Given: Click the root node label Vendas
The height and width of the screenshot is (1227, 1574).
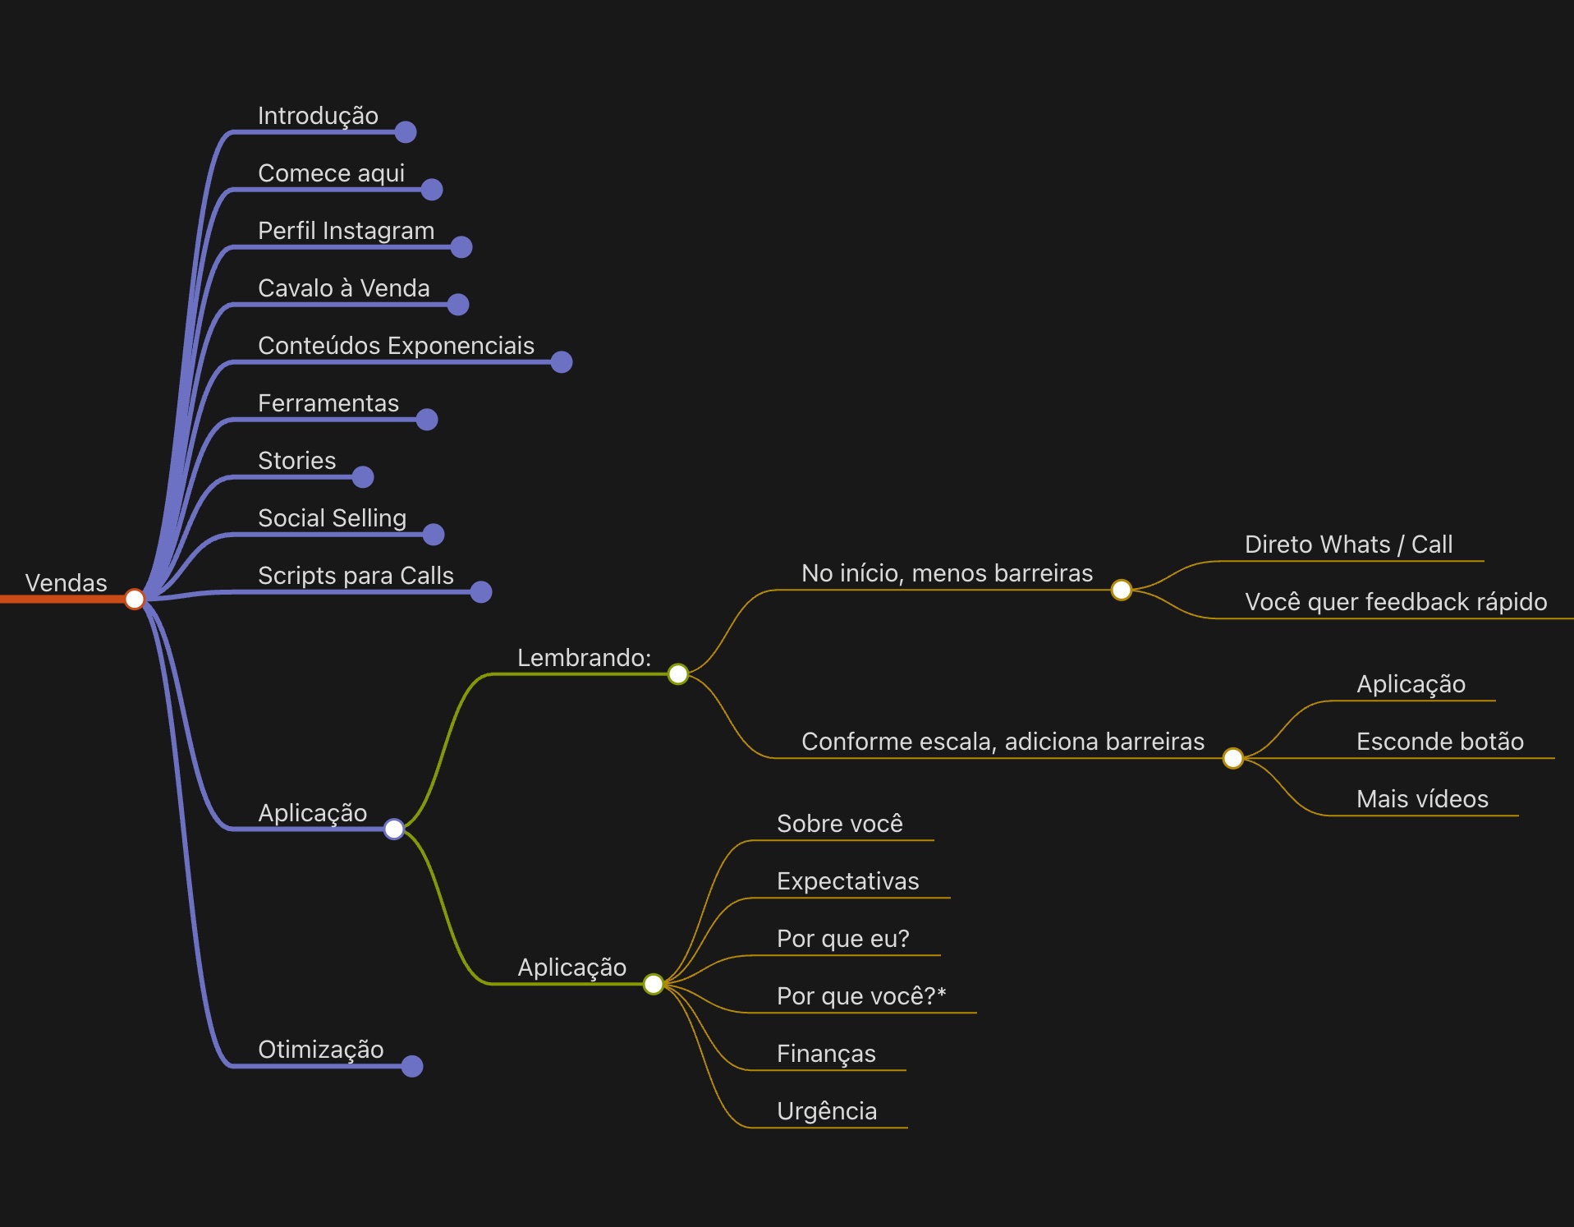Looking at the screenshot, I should coord(66,583).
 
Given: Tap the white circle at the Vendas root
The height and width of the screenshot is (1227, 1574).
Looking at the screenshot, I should coord(135,600).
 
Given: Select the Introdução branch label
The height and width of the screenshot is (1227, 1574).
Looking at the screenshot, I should coord(318,116).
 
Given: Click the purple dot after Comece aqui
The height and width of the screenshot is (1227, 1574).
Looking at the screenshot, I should coord(432,190).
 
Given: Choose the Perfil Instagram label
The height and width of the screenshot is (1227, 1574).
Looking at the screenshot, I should coord(346,231).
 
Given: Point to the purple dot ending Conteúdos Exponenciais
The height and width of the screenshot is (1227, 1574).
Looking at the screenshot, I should coord(562,362).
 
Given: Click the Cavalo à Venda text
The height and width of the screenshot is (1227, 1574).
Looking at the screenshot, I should coord(343,288).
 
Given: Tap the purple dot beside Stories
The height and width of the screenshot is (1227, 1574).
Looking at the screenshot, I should coord(363,477).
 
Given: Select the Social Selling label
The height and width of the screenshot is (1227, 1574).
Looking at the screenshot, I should coord(332,518).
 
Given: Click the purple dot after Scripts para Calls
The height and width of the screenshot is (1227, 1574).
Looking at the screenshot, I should coord(481,592).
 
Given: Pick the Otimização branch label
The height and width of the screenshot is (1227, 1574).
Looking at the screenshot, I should coord(320,1050).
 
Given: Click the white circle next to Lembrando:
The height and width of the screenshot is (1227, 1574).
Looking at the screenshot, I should coord(678,674).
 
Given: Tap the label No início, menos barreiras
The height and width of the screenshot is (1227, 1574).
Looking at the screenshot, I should coord(947,573).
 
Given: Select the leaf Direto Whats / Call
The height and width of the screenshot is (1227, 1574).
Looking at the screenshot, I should coord(1348,545).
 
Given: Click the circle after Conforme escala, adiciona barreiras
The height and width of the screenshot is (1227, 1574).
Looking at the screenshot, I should coord(1233,758).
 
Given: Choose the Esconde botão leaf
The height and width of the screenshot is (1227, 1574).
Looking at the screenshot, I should coord(1439,742).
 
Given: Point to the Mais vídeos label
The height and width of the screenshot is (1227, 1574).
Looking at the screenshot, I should coord(1422,799).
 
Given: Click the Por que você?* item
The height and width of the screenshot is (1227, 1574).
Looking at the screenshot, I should coord(861,996).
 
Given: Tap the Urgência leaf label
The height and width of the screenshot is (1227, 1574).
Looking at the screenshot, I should coord(827,1111).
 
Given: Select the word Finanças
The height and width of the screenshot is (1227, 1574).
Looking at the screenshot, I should coord(826,1054).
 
